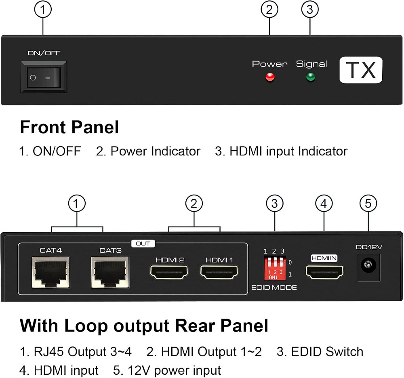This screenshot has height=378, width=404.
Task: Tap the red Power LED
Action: [270, 77]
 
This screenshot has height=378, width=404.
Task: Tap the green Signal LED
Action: [311, 77]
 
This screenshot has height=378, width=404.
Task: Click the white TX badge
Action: [360, 70]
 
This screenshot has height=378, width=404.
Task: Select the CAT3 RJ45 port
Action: [110, 272]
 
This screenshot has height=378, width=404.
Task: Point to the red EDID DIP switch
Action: [274, 268]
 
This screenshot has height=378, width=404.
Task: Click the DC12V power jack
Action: [368, 266]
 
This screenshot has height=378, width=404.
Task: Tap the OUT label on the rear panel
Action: [143, 244]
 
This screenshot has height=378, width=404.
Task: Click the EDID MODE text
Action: [274, 288]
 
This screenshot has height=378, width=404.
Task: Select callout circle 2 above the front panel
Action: [269, 9]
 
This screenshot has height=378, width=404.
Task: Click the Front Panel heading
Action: [69, 127]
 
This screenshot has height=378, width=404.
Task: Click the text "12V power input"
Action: [175, 370]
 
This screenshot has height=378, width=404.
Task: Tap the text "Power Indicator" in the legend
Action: [155, 151]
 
